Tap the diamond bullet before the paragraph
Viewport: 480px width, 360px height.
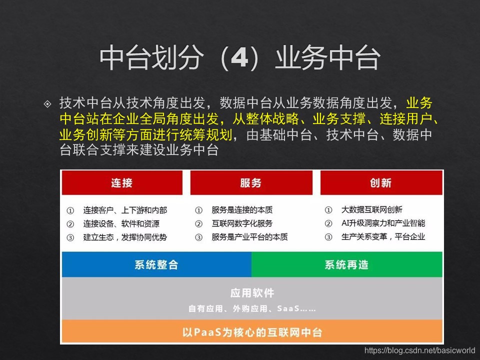point(48,104)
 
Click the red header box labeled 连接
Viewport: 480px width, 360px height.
point(121,182)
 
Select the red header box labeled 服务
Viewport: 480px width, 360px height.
point(250,182)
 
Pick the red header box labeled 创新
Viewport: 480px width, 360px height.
point(381,182)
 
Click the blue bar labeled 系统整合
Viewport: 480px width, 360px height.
point(156,264)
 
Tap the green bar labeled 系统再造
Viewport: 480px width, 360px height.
point(346,264)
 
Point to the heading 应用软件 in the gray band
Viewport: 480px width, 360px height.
point(252,293)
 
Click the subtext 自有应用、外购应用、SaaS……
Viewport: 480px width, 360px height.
point(252,308)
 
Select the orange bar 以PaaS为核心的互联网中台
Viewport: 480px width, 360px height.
point(252,332)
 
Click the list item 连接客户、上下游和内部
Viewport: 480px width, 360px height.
point(125,210)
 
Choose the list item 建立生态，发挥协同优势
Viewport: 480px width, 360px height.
point(125,237)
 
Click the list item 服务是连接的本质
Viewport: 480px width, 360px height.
point(242,210)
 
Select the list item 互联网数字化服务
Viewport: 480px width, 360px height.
point(242,223)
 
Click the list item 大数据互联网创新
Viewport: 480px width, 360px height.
point(371,210)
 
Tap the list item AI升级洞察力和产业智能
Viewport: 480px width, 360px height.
point(383,223)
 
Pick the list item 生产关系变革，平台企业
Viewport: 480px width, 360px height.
point(383,237)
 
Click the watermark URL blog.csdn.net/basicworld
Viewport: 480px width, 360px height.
point(419,351)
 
